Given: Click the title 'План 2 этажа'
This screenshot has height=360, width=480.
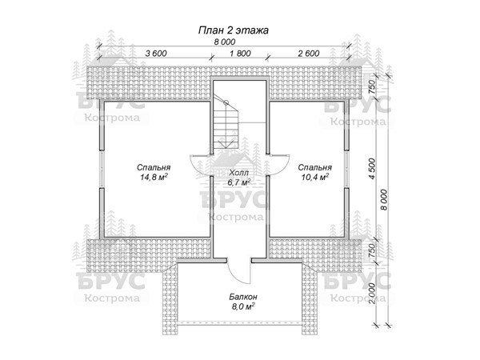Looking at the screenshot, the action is (234, 30).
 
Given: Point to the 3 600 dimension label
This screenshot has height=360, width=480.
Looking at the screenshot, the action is (156, 54).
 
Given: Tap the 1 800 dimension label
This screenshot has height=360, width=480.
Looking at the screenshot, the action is (240, 54).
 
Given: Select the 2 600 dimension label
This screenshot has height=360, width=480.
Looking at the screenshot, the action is (309, 54).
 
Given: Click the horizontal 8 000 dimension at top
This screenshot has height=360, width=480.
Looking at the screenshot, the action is (225, 42).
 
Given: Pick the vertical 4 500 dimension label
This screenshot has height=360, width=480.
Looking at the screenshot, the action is (372, 169).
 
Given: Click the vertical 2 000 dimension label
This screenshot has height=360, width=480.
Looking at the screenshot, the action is (372, 294).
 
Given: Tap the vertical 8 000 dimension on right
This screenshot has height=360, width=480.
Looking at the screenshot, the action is (384, 200).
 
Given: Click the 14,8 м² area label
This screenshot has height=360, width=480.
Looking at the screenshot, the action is (154, 177).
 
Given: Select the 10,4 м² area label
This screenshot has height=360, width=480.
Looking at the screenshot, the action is (315, 177).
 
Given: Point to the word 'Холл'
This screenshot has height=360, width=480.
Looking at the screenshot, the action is (239, 173).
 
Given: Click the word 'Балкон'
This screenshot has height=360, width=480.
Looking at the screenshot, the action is (243, 297).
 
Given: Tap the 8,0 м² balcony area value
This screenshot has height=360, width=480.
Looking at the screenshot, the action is (243, 306).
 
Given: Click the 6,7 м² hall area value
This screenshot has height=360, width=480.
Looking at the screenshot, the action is (239, 182).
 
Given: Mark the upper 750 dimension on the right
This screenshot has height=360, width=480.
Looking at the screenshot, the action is (372, 87).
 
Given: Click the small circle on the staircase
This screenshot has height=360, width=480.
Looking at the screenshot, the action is (226, 103).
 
